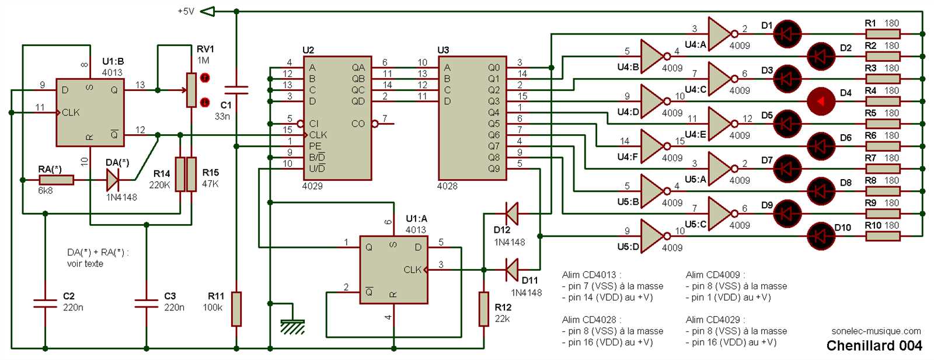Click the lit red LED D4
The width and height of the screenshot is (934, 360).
coord(821,102)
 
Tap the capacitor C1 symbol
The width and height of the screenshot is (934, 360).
coord(236,90)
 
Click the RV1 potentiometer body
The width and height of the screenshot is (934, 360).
coord(191,90)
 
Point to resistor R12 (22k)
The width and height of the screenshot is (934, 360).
coord(483,309)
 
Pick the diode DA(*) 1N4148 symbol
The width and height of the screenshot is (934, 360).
coord(113,180)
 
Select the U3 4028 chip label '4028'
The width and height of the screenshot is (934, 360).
coord(447,186)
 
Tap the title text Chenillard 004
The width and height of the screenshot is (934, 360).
coord(874,345)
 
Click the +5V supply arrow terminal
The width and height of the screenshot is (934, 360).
coord(207,11)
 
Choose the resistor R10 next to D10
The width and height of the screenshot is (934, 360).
coord(882,236)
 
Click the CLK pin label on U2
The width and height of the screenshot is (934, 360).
coord(318,135)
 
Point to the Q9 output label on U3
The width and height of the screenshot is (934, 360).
coord(494,169)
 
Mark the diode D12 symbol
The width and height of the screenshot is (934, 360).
coord(511,214)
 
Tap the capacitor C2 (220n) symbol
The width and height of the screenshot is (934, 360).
coord(45,303)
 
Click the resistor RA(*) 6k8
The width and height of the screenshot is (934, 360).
coord(56,180)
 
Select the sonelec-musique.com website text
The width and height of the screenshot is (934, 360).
coord(876,331)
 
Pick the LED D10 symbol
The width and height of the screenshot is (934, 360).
coord(821,236)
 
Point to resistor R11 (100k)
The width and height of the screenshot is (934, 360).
coord(236,309)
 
